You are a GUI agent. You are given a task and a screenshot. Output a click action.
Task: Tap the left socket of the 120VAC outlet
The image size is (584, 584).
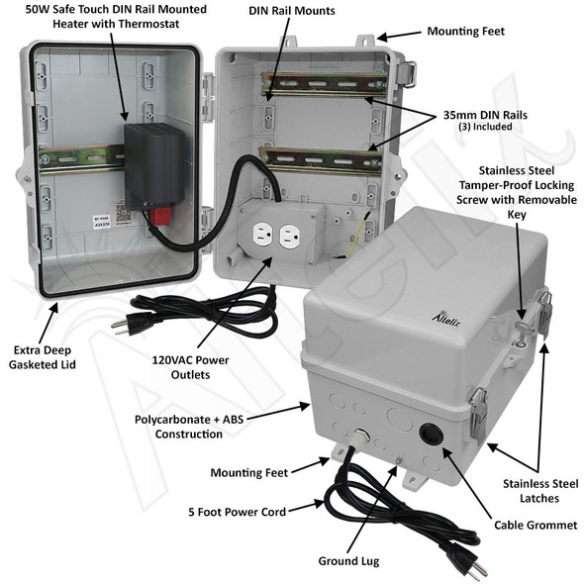point(263,236)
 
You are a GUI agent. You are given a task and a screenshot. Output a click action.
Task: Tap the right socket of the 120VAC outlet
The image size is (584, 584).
point(289,236)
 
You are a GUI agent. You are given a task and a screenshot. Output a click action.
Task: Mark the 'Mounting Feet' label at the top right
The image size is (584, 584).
point(465,31)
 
